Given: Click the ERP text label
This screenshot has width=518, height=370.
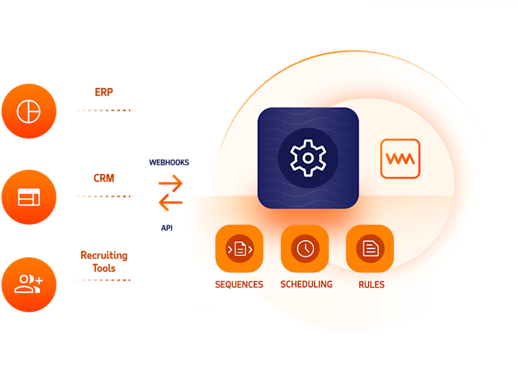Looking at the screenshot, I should [104, 92].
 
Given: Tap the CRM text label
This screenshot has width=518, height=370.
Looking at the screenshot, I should [104, 178].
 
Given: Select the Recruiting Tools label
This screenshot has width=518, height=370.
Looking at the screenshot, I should [104, 261].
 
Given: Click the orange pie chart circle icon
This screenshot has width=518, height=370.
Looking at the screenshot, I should [28, 112].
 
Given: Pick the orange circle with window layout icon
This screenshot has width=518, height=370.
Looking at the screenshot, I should [28, 197].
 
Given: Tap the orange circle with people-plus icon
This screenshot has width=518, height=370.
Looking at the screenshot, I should [28, 283].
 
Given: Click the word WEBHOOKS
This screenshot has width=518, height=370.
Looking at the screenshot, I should [169, 162].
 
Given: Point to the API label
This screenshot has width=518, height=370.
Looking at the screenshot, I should [167, 228].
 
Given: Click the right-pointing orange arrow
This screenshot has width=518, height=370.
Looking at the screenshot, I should [171, 184].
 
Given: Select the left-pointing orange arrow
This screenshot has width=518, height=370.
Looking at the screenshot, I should [171, 204].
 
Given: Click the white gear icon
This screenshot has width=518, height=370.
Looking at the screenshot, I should [308, 157].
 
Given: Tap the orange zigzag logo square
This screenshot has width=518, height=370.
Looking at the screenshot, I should [400, 158].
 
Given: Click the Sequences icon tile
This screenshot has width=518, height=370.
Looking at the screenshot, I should [239, 248].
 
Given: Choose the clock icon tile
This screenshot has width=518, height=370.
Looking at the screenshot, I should [304, 248].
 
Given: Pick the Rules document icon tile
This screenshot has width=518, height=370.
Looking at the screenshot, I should [370, 248].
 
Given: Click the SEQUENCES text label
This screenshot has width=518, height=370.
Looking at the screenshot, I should [239, 285].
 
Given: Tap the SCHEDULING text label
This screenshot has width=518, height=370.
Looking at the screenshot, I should [306, 284].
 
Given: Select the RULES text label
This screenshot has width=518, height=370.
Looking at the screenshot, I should [371, 285].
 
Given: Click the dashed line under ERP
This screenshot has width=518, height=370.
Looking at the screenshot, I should [102, 111].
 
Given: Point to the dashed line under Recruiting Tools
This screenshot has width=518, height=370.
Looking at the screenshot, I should [102, 280].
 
